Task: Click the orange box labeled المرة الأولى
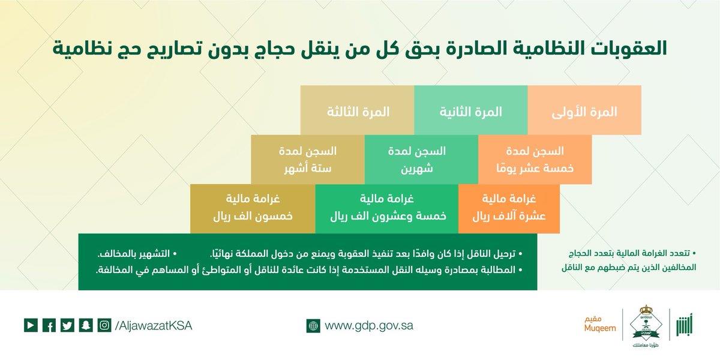point(584,112)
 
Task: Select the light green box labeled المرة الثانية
point(470,112)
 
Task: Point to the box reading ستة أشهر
point(307,159)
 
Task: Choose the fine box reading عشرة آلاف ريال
point(509,208)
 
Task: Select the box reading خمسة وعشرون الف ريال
point(386,208)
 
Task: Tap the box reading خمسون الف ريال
point(253,208)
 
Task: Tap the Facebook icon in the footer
point(49,325)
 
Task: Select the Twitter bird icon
point(67,325)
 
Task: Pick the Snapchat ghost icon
point(86,325)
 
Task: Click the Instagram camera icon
point(104,325)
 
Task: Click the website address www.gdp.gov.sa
point(369,326)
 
